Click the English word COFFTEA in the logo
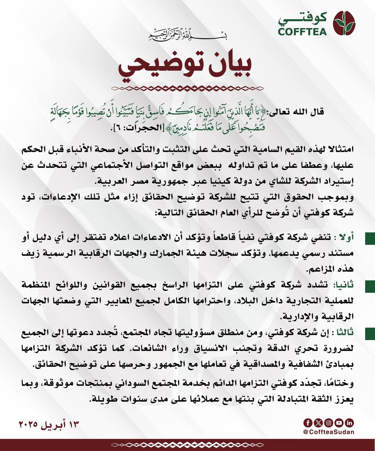[x=302, y=32]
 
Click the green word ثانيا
[x=343, y=285]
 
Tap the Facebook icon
[x=308, y=423]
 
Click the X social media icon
[x=318, y=423]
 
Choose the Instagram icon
[x=328, y=423]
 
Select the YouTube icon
[x=339, y=423]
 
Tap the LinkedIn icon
[x=349, y=423]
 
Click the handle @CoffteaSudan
[x=328, y=432]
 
